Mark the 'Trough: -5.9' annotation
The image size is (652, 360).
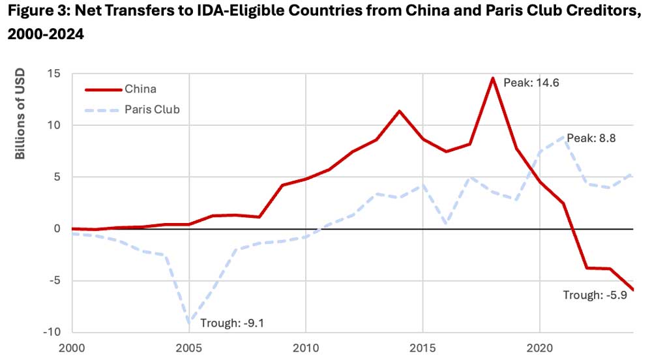pos(595,295)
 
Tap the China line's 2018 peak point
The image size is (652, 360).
pos(493,78)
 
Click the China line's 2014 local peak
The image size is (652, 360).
pos(400,111)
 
